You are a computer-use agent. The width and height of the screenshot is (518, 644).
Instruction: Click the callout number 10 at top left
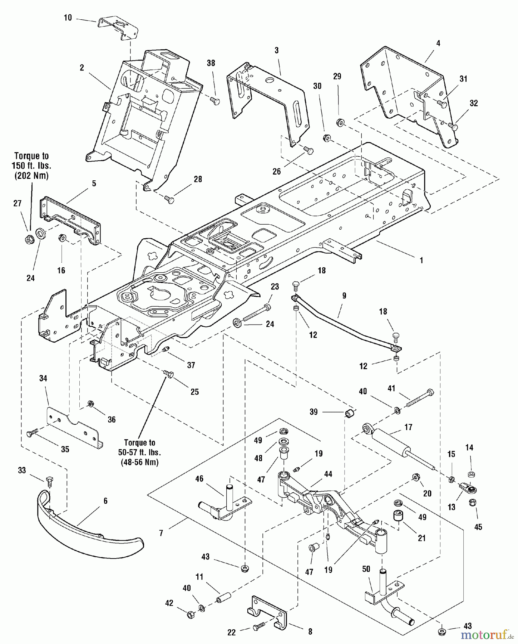[68, 18]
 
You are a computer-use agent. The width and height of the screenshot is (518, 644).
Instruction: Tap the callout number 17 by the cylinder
[408, 427]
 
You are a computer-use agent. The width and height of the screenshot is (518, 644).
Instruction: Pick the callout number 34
[43, 378]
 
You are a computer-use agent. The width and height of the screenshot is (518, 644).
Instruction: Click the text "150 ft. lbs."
[31, 166]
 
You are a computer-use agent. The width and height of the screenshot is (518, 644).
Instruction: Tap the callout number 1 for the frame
[421, 260]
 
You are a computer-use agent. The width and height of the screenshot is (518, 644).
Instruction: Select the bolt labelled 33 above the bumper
[49, 481]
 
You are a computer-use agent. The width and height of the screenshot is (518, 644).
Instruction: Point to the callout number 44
[328, 474]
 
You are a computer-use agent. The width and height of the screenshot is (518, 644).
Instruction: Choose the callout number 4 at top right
[438, 43]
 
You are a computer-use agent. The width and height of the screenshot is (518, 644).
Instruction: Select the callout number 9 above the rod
[344, 296]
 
